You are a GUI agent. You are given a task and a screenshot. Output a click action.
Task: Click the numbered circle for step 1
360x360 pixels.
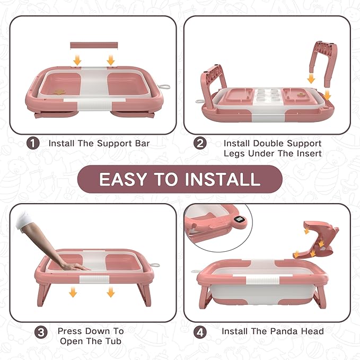point(33,143)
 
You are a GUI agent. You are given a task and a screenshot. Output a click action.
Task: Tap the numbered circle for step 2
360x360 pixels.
point(200,143)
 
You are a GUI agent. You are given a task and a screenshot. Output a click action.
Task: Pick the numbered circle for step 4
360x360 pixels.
point(200,332)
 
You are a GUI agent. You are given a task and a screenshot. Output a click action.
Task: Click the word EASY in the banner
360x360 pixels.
point(122,179)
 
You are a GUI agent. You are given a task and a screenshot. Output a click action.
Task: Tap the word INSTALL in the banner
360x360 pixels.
point(218,179)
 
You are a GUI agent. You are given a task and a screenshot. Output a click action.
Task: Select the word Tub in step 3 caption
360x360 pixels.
point(113,341)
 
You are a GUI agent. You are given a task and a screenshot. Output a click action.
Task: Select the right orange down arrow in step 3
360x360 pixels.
point(110,292)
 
